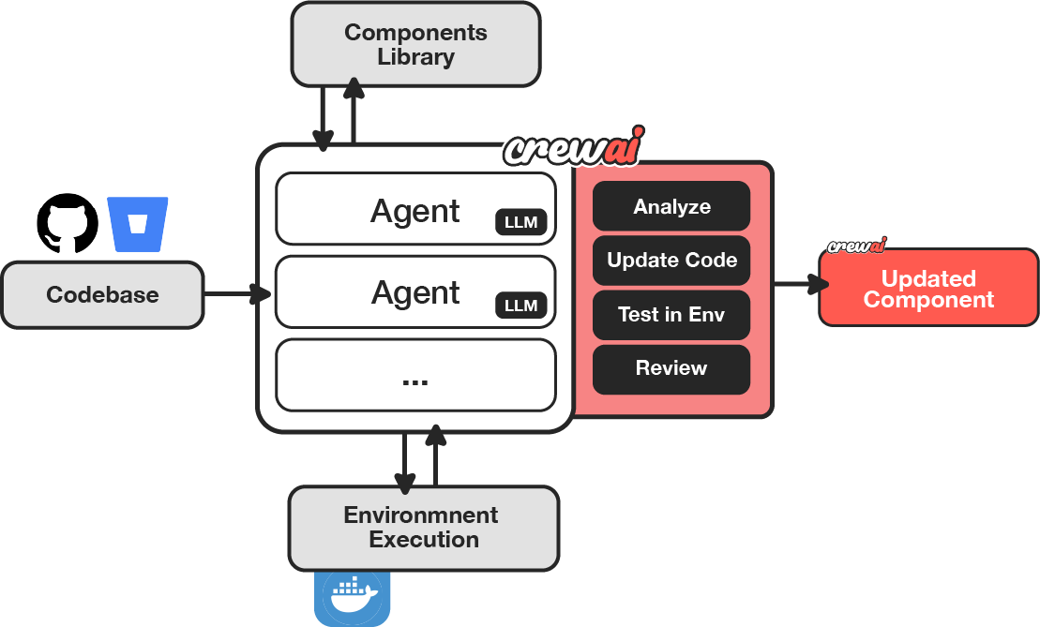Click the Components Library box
(415, 45)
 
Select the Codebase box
(102, 295)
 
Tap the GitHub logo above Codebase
(68, 223)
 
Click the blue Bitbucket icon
(138, 224)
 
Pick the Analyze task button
(671, 206)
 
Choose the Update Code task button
(671, 261)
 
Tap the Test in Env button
(671, 315)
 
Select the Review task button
(671, 368)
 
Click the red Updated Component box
(928, 289)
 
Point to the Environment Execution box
(424, 528)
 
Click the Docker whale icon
(352, 596)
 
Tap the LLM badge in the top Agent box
(520, 222)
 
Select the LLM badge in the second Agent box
(520, 305)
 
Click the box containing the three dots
(415, 375)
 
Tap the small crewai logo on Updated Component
(856, 246)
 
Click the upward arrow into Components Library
(354, 112)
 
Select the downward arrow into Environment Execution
(404, 463)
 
